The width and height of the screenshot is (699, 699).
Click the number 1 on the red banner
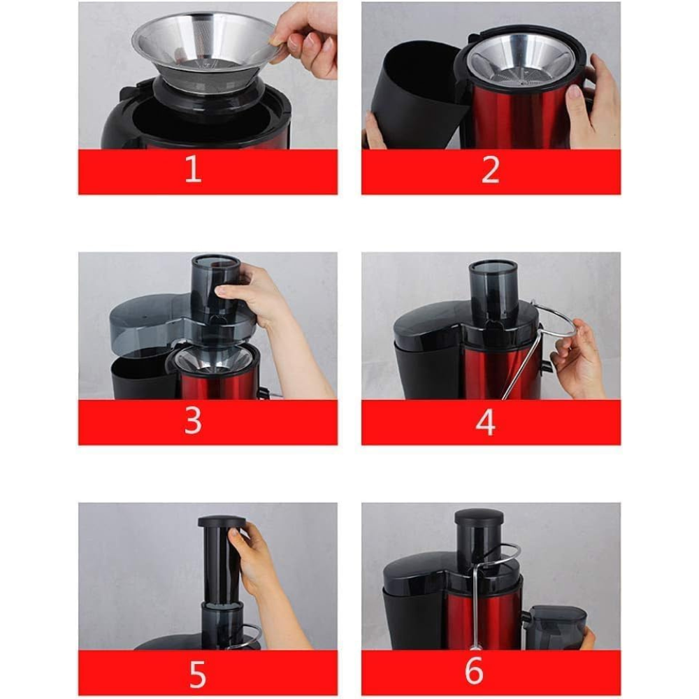point(193,169)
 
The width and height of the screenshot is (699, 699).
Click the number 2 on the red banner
point(491,169)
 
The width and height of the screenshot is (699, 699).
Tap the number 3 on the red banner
point(193,421)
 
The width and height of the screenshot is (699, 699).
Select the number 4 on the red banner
point(486,421)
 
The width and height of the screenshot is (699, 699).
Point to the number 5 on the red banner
point(198,674)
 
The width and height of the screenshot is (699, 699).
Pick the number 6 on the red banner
point(474,670)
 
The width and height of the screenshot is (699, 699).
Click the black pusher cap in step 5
point(222,522)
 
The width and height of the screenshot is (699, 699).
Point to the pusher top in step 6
point(480,517)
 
